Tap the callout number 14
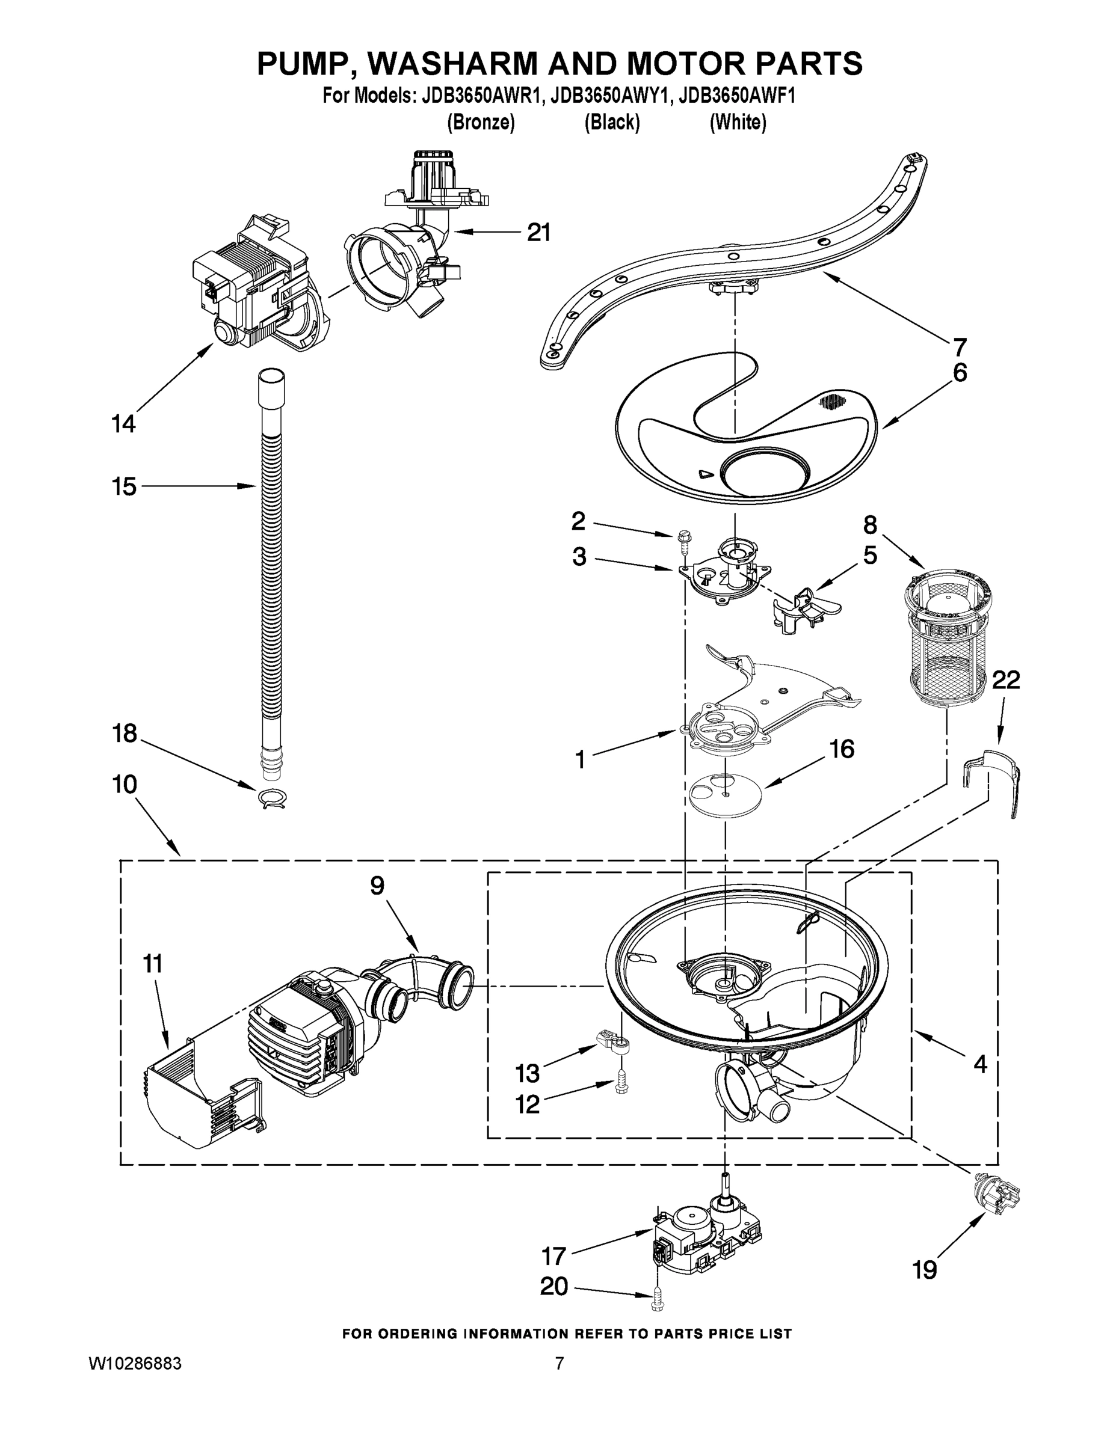click(x=123, y=423)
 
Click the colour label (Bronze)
click(x=481, y=123)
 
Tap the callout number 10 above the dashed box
click(x=125, y=784)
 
